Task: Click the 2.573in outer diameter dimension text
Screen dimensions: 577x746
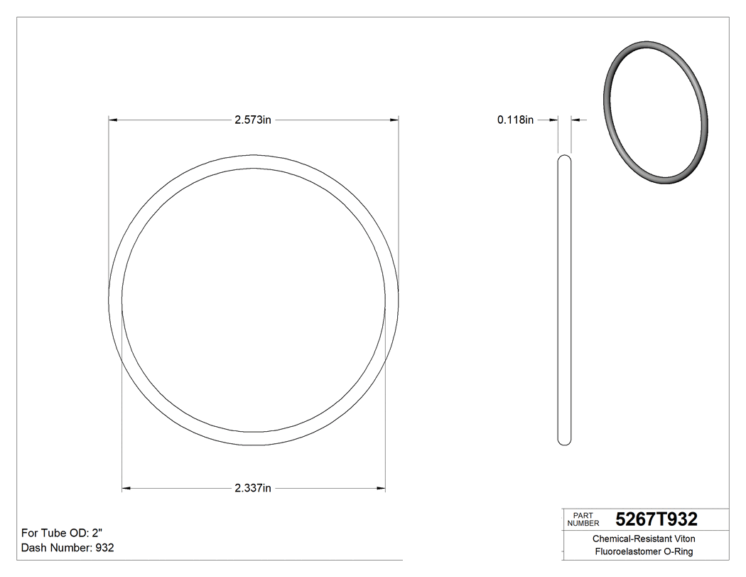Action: (x=253, y=120)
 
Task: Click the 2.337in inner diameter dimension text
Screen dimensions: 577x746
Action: (x=253, y=488)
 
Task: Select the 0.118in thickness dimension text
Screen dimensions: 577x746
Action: (x=515, y=120)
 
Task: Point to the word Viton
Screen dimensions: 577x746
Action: (x=683, y=539)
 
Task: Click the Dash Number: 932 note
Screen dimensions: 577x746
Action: (x=67, y=548)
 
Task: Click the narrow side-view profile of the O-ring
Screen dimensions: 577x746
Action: (x=564, y=299)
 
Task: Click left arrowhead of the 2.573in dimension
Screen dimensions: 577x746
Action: (x=112, y=120)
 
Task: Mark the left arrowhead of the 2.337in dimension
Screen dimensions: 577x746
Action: (x=126, y=488)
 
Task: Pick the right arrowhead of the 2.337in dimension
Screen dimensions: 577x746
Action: (x=381, y=488)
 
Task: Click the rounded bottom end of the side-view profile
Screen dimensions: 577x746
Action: (x=564, y=441)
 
